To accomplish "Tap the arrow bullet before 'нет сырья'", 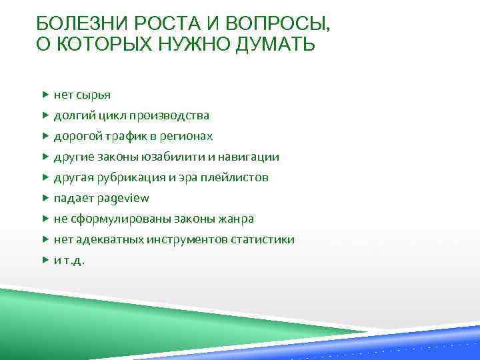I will point(45,95).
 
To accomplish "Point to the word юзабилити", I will point(174,157).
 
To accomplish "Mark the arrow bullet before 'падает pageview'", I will point(45,198).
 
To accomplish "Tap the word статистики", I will point(263,239).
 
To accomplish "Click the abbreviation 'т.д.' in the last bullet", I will point(74,260).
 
